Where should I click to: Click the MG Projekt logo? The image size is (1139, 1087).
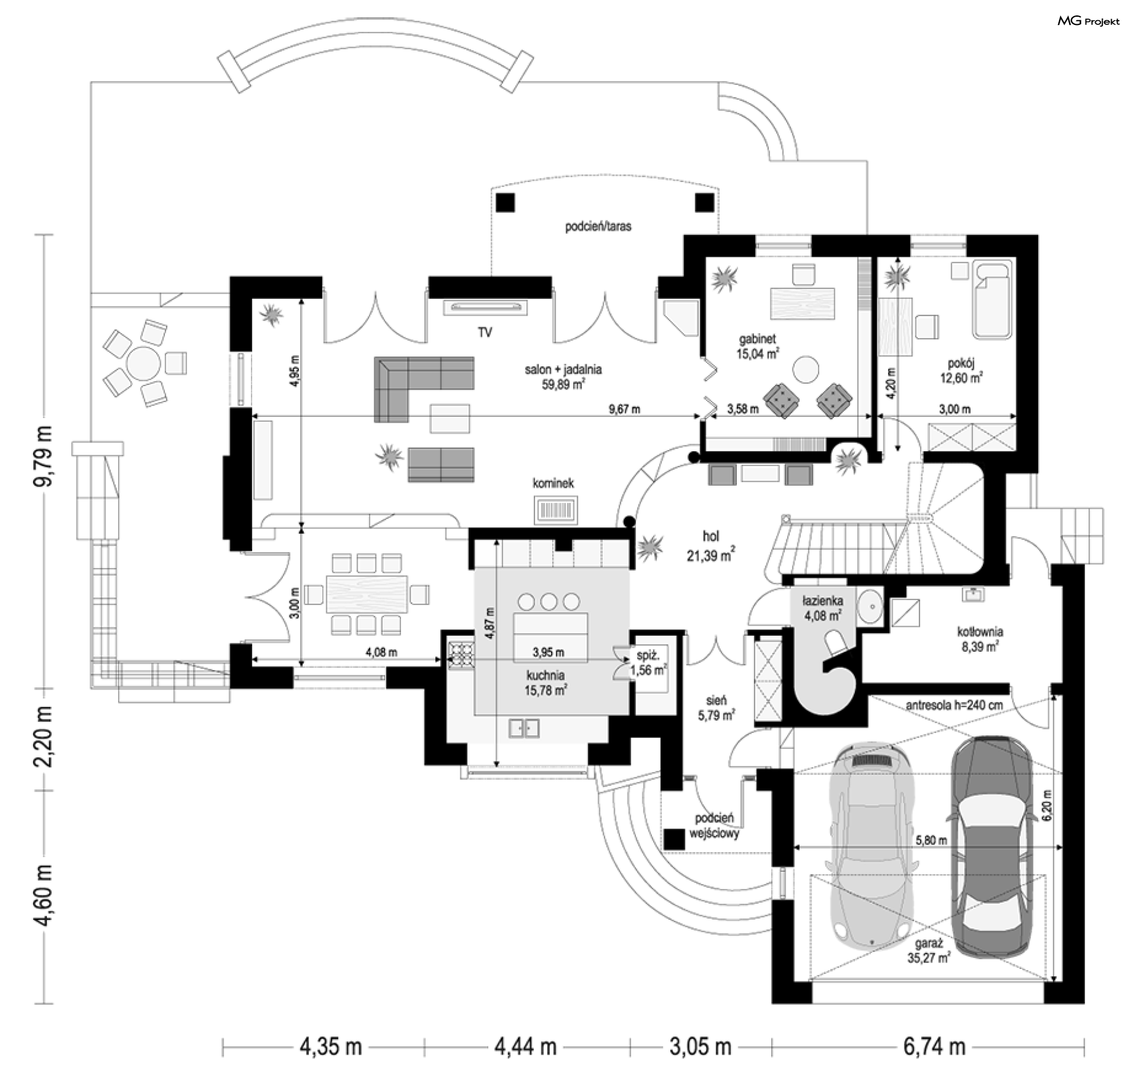(x=1089, y=21)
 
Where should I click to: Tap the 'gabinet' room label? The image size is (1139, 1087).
(x=757, y=339)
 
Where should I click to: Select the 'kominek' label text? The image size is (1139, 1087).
(x=553, y=483)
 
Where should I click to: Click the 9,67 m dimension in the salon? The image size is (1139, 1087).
(x=624, y=409)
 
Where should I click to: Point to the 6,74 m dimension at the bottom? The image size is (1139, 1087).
(x=934, y=1047)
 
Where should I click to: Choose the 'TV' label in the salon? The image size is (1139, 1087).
(x=485, y=332)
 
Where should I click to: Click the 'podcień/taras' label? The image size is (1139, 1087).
(x=598, y=226)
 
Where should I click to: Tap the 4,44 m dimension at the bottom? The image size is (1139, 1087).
(x=526, y=1047)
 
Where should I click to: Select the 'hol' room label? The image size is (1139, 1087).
(x=711, y=536)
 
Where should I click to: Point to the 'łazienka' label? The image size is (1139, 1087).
(x=823, y=601)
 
